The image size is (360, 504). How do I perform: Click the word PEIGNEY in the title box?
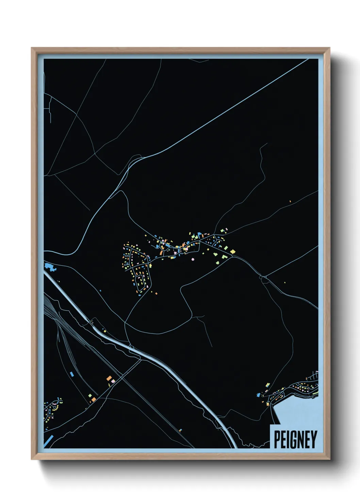click(x=295, y=439)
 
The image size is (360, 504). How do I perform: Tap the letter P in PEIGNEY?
click(x=277, y=439)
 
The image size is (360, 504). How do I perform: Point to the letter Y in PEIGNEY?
click(x=314, y=439)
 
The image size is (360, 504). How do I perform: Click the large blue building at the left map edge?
click(x=50, y=266)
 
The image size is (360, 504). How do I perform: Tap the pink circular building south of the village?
click(x=193, y=259)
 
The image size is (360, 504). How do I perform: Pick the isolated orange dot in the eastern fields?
click(x=290, y=201)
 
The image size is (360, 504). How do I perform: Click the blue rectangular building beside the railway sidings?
click(x=72, y=374)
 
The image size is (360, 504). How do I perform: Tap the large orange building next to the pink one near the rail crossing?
click(x=109, y=378)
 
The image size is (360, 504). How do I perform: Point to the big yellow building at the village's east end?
click(x=233, y=252)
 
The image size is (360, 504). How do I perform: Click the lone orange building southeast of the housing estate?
click(x=156, y=293)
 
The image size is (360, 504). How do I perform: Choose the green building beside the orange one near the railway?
click(x=90, y=396)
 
